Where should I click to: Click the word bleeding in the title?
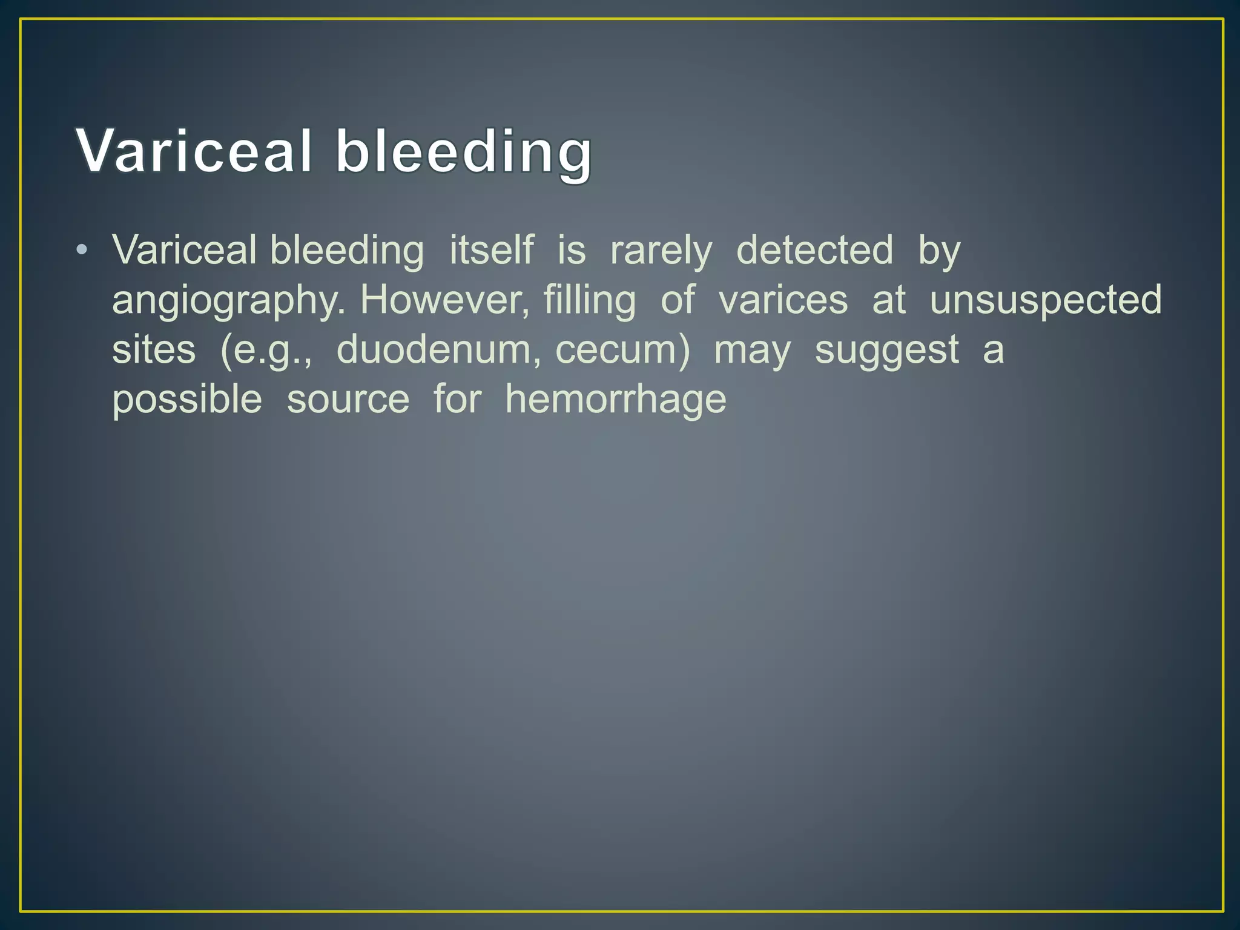[x=464, y=153]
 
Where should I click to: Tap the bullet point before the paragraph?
[x=82, y=249]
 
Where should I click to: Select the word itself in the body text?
[x=492, y=250]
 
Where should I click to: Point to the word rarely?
[x=661, y=252]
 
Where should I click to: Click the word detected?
[x=814, y=250]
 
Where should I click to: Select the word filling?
[x=590, y=301]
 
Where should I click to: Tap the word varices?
[x=783, y=300]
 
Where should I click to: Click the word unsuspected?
[x=1046, y=301]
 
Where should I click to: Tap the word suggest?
[x=887, y=351]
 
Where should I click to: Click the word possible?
[x=187, y=400]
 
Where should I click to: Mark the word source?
[x=348, y=400]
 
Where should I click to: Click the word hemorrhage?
[x=616, y=400]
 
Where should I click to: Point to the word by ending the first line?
[x=939, y=251]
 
